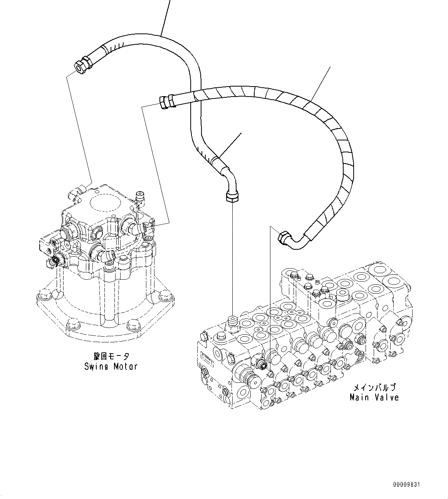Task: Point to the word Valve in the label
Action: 386,397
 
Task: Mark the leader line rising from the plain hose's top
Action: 165,17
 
